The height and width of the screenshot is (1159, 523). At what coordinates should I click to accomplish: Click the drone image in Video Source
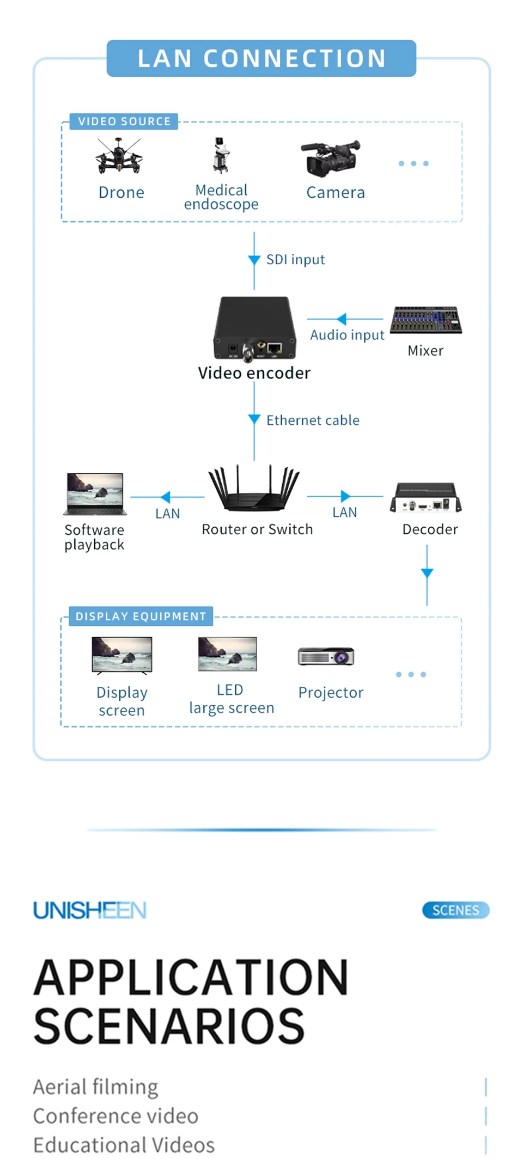coord(119,157)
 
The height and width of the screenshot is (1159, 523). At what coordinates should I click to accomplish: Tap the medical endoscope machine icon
coord(221,156)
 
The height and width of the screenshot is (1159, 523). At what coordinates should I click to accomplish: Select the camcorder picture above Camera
coord(331,158)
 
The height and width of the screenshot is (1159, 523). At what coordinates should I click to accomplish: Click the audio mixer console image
coord(426,320)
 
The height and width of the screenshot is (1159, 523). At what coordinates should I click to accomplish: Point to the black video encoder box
coord(254,328)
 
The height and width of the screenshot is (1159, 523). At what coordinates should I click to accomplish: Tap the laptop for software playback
coord(95,494)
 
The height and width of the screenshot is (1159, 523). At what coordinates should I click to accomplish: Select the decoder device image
coord(426,498)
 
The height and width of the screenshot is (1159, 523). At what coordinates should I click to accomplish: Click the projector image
coord(326,656)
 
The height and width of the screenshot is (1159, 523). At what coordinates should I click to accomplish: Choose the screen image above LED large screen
coord(228,654)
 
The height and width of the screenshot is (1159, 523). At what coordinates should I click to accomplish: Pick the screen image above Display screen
coord(122,655)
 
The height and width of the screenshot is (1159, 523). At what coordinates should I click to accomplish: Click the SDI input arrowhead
coord(254,260)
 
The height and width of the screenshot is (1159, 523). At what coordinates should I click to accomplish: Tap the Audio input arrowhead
coord(342,319)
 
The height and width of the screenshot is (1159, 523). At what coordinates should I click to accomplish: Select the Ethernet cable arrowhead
coord(254,419)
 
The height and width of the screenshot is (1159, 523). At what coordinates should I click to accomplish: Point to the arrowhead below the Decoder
coord(427,573)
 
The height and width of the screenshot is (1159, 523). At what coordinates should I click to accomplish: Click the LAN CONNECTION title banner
coord(261,58)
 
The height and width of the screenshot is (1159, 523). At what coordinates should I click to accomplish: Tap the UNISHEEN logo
coord(90,910)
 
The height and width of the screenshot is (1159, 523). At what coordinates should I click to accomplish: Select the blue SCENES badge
coord(455,910)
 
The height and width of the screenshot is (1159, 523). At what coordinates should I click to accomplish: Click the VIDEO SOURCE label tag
coord(124,121)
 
